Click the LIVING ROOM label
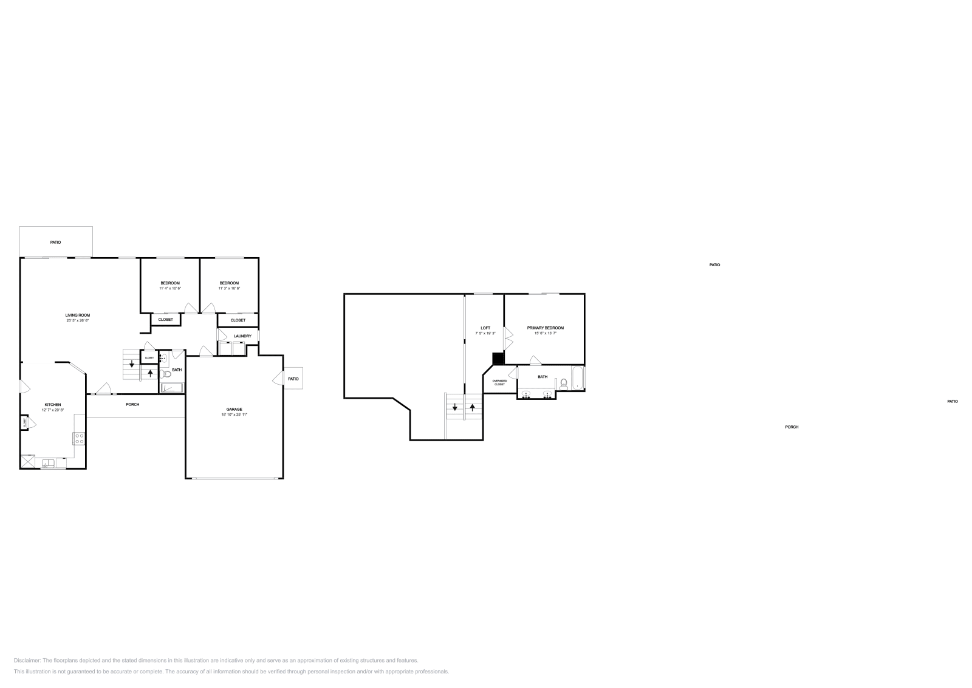tap(78, 315)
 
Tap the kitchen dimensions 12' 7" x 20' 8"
tap(53, 410)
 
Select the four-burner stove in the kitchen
tap(79, 438)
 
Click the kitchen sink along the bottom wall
tap(48, 464)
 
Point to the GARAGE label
tap(234, 409)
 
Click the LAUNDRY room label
tap(242, 336)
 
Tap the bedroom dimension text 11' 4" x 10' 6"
tap(170, 288)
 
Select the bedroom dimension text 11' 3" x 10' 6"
tap(229, 288)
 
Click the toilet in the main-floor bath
tap(165, 374)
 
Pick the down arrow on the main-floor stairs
tap(132, 365)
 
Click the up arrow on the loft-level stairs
tap(472, 407)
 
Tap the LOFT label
tap(485, 328)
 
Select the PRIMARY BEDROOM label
tap(545, 328)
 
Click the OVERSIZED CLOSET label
tap(499, 382)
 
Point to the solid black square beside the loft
tap(498, 359)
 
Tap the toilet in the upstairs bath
tap(564, 384)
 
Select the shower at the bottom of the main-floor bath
tap(172, 387)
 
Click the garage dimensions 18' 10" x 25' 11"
tap(234, 415)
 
